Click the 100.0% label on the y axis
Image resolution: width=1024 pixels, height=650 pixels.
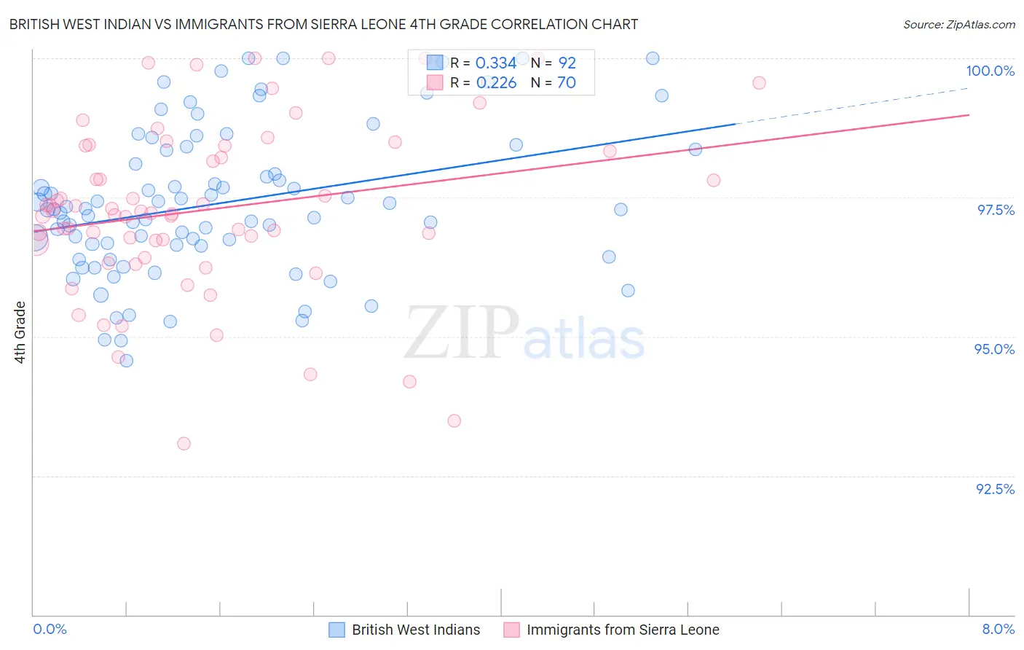coord(990,71)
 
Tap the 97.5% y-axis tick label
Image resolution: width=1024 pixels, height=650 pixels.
coord(995,210)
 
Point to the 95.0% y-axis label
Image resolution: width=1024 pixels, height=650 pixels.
coord(994,349)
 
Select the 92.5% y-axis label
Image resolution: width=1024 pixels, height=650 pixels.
coord(995,489)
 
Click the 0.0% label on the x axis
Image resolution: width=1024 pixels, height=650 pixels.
coord(50,629)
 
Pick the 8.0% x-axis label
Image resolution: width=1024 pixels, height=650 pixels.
coord(998,629)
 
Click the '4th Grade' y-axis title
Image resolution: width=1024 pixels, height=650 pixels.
coord(20,332)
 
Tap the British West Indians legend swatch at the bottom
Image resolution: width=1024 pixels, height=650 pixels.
coord(336,630)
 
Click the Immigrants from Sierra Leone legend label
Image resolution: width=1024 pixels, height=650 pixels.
coord(623,630)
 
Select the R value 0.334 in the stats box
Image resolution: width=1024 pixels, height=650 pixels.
coord(496,63)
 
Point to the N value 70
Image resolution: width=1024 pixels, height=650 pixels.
coord(567,83)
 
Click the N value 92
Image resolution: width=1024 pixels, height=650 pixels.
coord(567,63)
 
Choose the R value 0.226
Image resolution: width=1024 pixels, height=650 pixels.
coord(496,83)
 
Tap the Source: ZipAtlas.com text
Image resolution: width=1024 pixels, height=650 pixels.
coord(958,24)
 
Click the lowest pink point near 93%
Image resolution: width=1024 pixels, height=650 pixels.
coord(184,444)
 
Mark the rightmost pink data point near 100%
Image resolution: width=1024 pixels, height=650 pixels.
coord(759,83)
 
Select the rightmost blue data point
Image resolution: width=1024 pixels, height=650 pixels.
coord(696,149)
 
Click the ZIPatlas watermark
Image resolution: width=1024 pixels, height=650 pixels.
coord(524,334)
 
